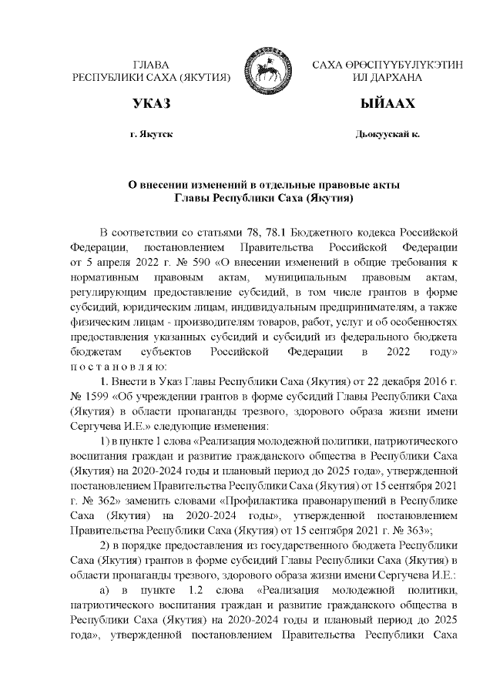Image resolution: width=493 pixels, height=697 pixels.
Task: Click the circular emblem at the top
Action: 263,70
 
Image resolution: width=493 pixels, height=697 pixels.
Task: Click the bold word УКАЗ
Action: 150,103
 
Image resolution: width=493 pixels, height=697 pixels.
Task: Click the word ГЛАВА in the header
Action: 151,65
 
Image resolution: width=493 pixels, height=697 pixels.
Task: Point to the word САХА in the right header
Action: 330,65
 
